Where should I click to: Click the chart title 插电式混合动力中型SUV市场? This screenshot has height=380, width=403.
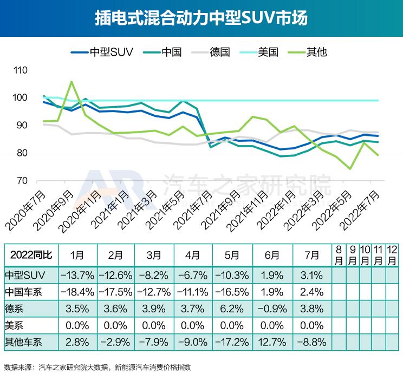[x=201, y=18]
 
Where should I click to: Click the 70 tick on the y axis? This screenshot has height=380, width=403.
[x=21, y=181]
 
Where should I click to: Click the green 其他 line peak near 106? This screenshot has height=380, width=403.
[x=71, y=82]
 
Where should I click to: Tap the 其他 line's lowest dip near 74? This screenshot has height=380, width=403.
[x=350, y=168]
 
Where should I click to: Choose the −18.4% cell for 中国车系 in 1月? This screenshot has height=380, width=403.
[x=77, y=292]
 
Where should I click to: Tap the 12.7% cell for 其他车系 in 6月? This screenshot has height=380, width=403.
[x=272, y=342]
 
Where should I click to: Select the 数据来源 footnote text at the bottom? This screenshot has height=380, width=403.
[x=97, y=367]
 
